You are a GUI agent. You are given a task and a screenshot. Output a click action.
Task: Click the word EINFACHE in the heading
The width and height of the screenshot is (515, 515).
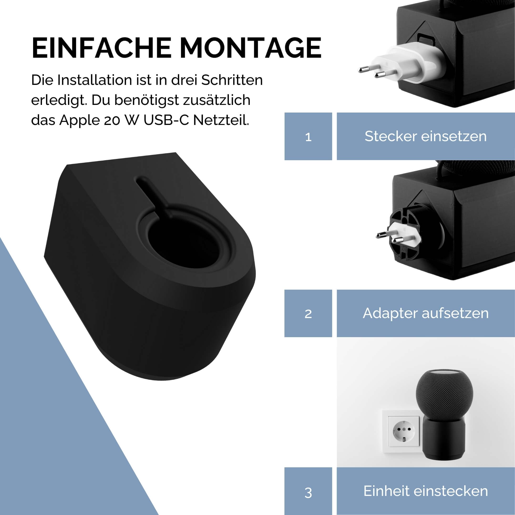[101, 48]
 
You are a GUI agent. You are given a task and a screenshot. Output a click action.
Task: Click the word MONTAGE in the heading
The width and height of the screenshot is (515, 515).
[251, 48]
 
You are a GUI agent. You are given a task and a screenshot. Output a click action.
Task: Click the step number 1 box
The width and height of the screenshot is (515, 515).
[308, 136]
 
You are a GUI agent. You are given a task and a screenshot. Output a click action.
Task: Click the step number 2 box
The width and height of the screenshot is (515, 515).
[308, 314]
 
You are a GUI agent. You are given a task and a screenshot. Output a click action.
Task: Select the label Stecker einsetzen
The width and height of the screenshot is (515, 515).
[425, 136]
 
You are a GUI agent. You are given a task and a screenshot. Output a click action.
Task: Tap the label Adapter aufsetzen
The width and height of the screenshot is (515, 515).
[425, 314]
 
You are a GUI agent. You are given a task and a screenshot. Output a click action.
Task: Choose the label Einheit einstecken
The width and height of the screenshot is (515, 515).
[425, 491]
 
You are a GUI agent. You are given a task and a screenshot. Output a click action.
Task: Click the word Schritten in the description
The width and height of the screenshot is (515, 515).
[232, 80]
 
